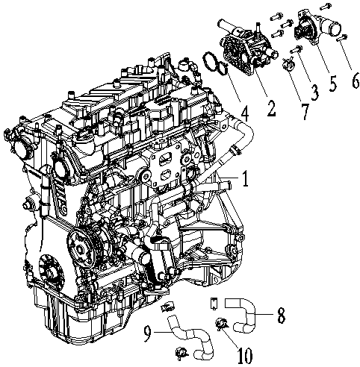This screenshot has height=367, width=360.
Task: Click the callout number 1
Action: (243, 179)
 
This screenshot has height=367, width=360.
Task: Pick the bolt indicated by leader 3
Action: (297, 50)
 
